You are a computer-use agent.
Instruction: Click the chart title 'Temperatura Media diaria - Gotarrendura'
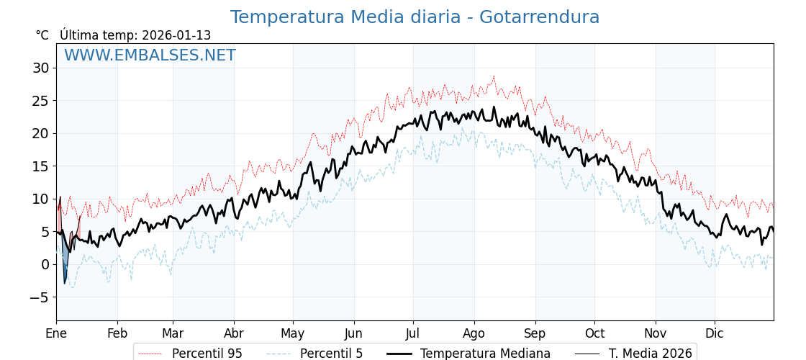415,17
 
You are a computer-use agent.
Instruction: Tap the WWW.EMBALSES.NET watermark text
150,55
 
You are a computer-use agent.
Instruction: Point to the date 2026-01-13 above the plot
176,35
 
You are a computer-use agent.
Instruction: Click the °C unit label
42,35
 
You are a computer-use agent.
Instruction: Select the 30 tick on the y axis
40,68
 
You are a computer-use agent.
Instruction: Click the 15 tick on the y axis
40,166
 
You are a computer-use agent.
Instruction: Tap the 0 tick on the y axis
45,264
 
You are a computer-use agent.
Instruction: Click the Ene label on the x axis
56,333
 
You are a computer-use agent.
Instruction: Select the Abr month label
234,333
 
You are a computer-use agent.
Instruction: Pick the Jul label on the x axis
413,333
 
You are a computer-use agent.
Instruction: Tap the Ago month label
474,333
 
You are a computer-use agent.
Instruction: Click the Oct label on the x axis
594,333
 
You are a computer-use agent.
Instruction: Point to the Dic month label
715,333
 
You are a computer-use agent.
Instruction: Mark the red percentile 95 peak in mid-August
494,76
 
